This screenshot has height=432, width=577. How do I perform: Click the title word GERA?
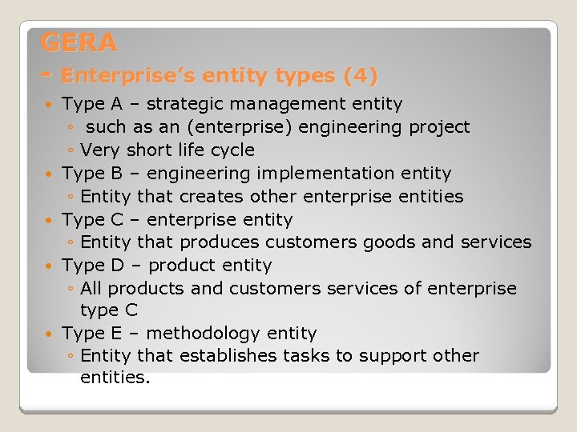[x=79, y=42]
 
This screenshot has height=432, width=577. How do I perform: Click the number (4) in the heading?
[x=360, y=76]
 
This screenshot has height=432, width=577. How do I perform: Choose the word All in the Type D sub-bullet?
[x=91, y=288]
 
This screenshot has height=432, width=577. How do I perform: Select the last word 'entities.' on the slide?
[x=115, y=378]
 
